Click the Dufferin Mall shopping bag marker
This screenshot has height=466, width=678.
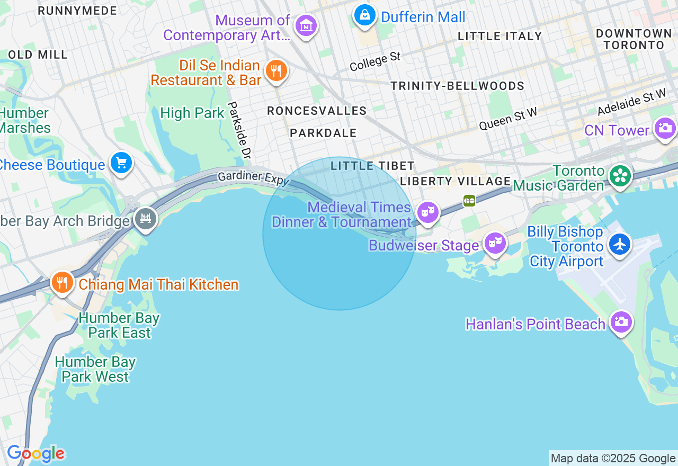(x=365, y=15)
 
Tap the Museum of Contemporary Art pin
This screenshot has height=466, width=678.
(x=306, y=25)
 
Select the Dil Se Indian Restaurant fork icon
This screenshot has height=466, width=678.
(x=276, y=70)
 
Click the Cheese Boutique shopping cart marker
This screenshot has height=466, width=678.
(x=121, y=163)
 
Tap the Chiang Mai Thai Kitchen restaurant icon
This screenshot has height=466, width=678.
(x=63, y=282)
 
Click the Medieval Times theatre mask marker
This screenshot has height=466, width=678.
(x=427, y=212)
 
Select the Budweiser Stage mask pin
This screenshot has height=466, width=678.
(x=495, y=243)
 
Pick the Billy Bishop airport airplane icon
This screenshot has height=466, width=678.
(x=619, y=244)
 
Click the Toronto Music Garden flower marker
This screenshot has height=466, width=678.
(x=619, y=176)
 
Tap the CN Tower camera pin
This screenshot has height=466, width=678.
(x=665, y=128)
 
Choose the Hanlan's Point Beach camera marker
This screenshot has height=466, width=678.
(x=621, y=321)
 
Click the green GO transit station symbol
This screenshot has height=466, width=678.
(x=469, y=201)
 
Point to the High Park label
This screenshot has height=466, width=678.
(x=192, y=113)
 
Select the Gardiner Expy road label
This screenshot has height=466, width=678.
(x=253, y=177)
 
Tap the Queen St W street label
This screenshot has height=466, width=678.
(x=508, y=119)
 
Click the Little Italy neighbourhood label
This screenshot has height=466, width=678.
(x=500, y=36)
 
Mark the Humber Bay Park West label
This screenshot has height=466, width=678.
(x=95, y=370)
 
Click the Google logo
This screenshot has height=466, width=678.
(x=35, y=454)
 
